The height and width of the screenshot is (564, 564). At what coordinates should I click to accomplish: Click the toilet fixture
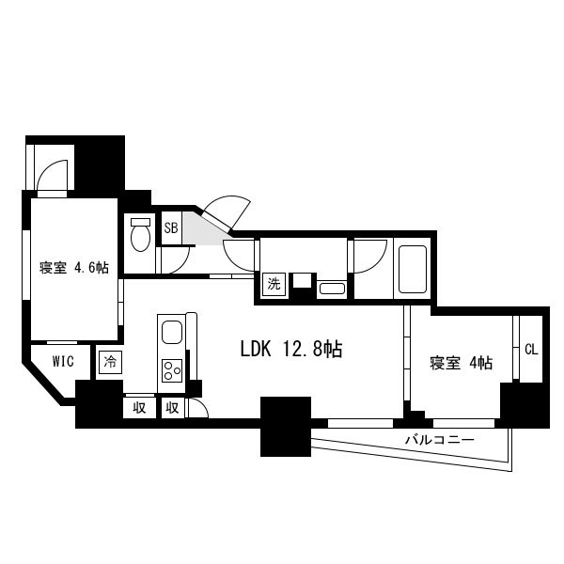pos(140,234)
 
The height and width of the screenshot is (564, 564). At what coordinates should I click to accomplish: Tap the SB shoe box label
pos(171,228)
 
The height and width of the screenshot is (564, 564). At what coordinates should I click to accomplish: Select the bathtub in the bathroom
pos(413,270)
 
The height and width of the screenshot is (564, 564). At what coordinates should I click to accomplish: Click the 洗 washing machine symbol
pos(274,285)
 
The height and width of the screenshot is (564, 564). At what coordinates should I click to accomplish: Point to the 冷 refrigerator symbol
pos(110,362)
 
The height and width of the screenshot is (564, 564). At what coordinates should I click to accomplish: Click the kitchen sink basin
pos(172,332)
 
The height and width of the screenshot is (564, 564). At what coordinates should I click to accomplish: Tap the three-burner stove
pos(172,370)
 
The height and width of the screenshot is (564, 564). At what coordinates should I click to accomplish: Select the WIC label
pos(63,361)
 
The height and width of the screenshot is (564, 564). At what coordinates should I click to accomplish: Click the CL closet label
pos(531,350)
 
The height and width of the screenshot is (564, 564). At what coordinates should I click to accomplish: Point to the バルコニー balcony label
pos(440,440)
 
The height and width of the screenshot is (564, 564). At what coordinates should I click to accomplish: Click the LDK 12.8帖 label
pos(291,349)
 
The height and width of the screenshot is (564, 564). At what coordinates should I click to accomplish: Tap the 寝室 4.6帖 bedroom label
pos(74,268)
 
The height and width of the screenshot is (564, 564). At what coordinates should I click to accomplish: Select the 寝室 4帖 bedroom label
pos(462,363)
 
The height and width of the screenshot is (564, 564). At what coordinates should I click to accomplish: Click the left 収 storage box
pos(139,408)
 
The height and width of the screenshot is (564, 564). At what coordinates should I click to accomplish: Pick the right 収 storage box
pos(173,408)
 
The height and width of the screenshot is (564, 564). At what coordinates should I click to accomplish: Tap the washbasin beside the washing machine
pos(332,289)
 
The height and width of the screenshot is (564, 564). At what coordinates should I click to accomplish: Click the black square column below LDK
pos(286,427)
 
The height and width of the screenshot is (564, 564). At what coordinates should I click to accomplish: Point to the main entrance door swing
pos(227,211)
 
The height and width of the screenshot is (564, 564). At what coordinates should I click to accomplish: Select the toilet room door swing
pos(175,259)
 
